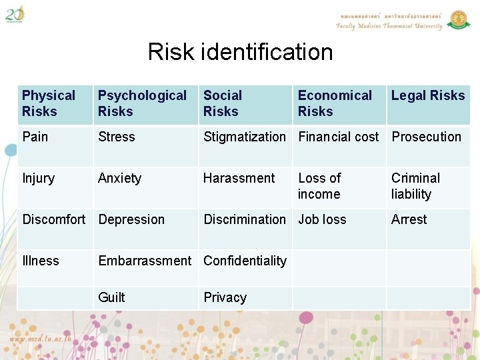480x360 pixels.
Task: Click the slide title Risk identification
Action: tap(240, 51)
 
